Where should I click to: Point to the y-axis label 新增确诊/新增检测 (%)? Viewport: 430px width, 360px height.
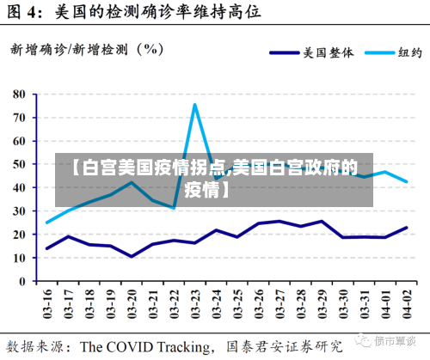87,49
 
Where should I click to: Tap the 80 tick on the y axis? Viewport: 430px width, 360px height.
20,93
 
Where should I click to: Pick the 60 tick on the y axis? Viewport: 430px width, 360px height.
20,140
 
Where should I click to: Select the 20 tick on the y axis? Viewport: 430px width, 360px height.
20,234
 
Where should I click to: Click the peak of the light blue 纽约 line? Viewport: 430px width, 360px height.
194,105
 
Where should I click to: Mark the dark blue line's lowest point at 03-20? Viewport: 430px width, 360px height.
132,256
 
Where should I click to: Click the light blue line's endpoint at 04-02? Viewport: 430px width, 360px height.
405,181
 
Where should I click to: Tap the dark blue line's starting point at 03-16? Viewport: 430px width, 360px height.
47,248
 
